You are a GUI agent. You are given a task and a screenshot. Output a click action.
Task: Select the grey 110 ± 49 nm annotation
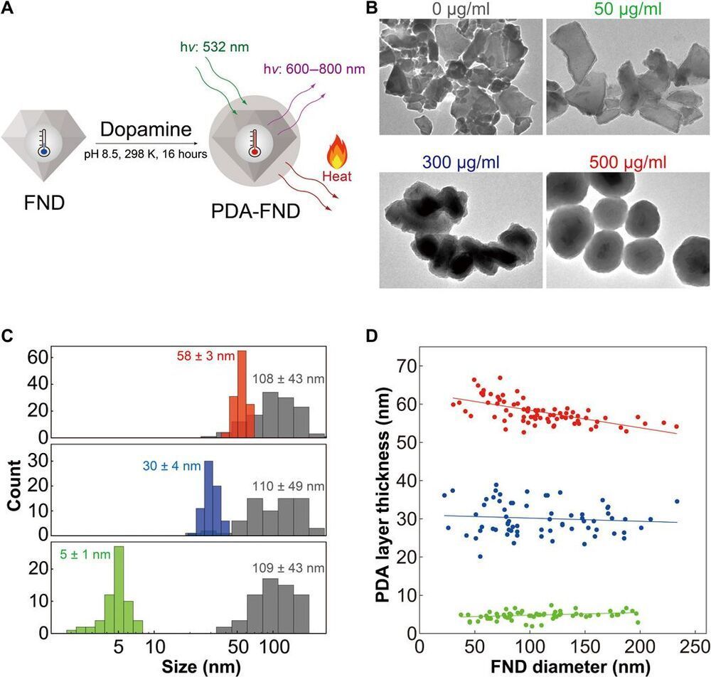tap(288, 487)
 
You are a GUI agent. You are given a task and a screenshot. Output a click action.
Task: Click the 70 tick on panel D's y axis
tap(402, 367)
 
